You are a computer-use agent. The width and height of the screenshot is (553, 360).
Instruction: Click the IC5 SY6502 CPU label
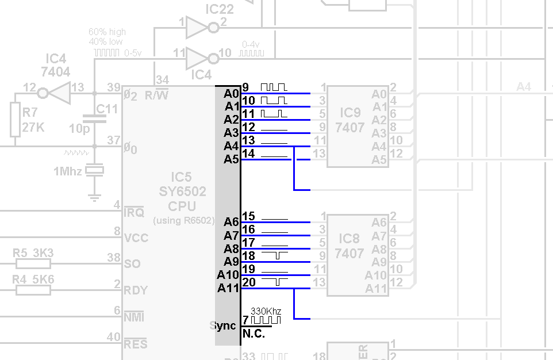pos(182,191)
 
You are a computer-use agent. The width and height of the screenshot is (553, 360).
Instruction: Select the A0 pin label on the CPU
pos(231,93)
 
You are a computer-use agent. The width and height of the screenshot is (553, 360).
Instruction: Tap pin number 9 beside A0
pos(245,87)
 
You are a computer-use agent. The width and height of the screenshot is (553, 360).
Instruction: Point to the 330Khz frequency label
pos(266,311)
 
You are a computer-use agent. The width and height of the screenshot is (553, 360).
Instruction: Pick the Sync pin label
pos(223,325)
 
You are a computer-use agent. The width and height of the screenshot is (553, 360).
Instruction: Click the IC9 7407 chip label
pos(350,119)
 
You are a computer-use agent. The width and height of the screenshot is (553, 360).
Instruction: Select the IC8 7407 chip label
pos(350,246)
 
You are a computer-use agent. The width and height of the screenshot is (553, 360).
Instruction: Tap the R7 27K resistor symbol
pos(15,119)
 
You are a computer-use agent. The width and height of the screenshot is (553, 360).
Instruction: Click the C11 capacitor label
pos(107,109)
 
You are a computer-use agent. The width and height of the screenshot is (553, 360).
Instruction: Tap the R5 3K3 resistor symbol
pos(33,264)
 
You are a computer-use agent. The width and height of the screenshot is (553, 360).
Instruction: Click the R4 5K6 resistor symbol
pos(33,290)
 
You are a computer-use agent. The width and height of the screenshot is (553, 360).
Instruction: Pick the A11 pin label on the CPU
pos(228,288)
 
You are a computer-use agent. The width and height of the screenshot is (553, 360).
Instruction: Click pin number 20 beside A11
pos(249,282)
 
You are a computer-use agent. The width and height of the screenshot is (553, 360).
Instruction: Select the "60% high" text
pos(107,32)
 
